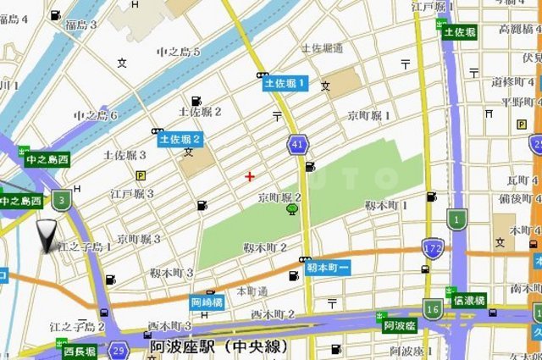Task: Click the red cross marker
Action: coord(249,176)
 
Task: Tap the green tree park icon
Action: coord(292,209)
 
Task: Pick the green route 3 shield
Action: coord(60,201)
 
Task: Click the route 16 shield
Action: coord(433,310)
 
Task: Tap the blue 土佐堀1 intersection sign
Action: coord(285,83)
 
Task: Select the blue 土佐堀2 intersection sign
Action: coord(179,138)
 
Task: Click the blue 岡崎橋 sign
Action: coord(207,301)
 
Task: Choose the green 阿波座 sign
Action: coord(399,325)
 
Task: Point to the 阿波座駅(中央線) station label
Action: coord(219,346)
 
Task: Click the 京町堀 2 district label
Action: coord(280,197)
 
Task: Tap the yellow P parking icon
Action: coord(141,176)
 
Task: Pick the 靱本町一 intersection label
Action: coord(328,266)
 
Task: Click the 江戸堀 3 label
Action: coord(131,194)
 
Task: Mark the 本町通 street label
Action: coord(252,291)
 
